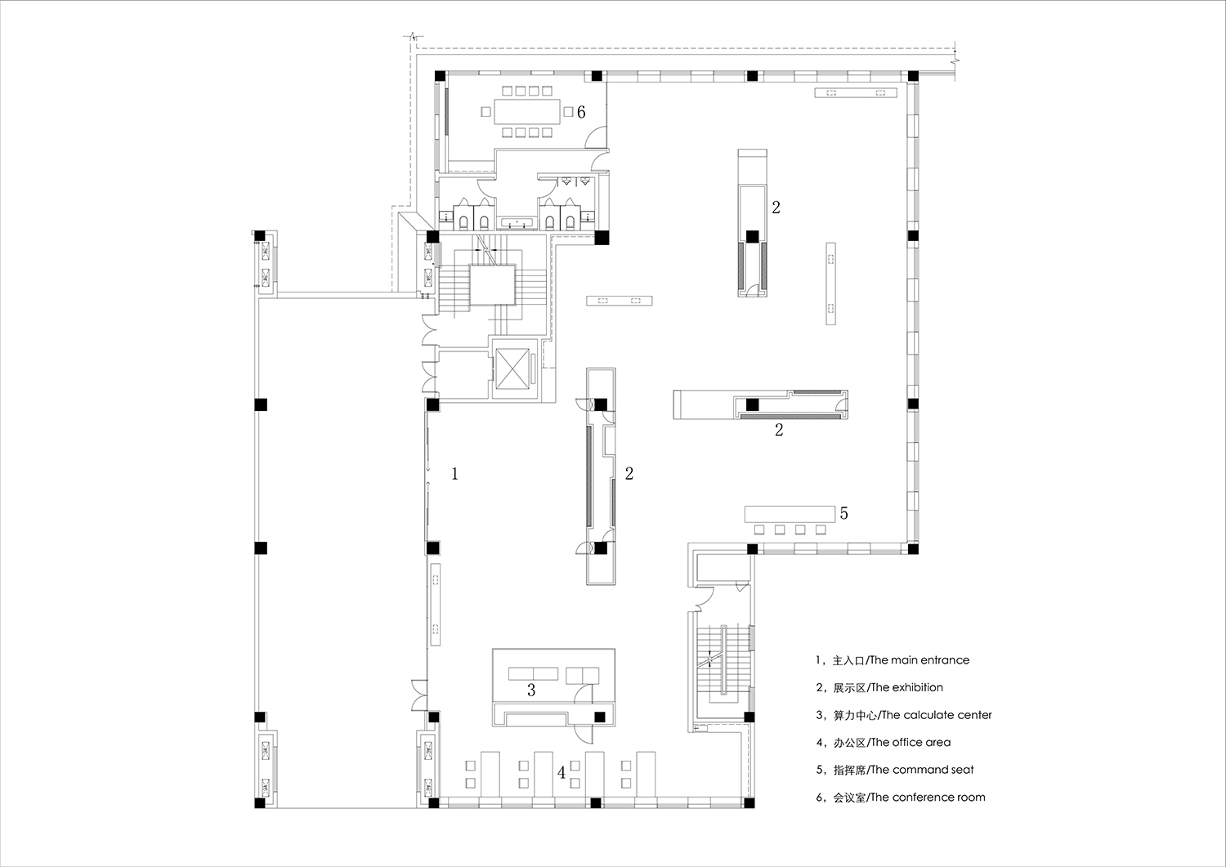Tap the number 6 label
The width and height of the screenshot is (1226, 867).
tap(581, 112)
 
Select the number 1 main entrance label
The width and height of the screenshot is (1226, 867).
tap(454, 473)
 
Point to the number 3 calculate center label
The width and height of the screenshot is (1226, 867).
tap(531, 690)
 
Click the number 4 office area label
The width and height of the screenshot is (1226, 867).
tap(561, 773)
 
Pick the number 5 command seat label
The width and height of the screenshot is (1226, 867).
tap(843, 513)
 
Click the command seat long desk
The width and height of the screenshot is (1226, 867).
tap(790, 514)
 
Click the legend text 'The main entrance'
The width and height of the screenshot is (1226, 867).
tap(919, 660)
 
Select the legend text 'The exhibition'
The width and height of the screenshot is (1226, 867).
tap(907, 687)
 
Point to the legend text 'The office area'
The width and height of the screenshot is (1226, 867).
tap(911, 742)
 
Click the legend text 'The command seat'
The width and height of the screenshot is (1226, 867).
tap(922, 770)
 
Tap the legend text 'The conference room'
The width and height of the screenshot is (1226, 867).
tap(928, 798)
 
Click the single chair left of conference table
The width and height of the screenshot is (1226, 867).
tap(486, 112)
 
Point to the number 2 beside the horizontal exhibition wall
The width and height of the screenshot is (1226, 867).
tap(779, 430)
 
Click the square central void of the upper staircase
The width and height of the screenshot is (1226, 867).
tap(492, 286)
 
